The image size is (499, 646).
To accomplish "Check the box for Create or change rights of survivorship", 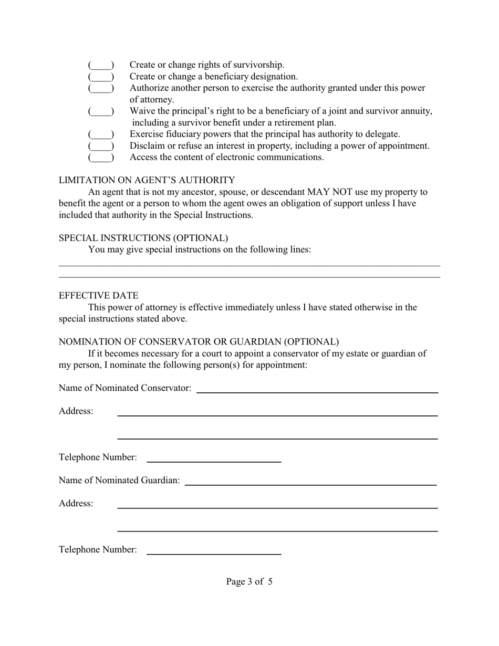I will pos(101,65).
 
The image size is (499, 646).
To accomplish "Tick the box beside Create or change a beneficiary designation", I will pos(101,77).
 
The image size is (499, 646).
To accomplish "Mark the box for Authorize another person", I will pos(101,88).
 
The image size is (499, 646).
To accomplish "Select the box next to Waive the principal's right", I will pos(101,111).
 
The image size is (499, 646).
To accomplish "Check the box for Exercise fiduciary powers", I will pos(101,134).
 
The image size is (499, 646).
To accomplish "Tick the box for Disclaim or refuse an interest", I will pos(101,146).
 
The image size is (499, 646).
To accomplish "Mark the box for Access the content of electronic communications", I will pos(101,158).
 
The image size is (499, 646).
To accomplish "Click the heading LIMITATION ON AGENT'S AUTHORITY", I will pos(147,180).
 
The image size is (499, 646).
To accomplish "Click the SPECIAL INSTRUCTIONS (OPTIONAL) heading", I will pos(143,238).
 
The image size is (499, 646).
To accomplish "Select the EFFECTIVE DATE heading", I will pos(99,296).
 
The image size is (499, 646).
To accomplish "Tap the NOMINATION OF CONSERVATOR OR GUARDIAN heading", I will pos(199,342).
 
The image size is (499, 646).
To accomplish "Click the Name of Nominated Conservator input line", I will pos(317,389).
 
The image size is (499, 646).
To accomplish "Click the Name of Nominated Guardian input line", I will pos(310,481).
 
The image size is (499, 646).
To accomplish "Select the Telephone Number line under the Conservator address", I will pos(214,458).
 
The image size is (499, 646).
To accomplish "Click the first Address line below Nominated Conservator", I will pos(277,412).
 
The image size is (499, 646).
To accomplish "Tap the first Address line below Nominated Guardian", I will pos(277,504).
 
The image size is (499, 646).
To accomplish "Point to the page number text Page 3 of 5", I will pos(249,581).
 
